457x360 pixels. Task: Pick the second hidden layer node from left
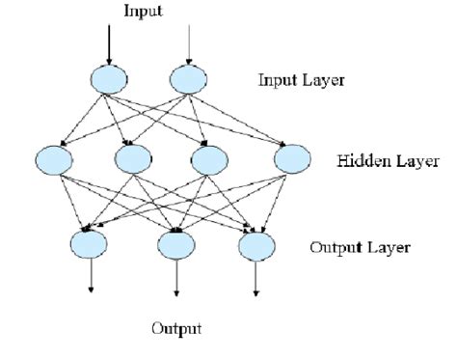coord(132,157)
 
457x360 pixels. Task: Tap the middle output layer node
coord(176,242)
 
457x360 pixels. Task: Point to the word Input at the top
coord(145,11)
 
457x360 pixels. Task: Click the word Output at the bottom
coord(176,329)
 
